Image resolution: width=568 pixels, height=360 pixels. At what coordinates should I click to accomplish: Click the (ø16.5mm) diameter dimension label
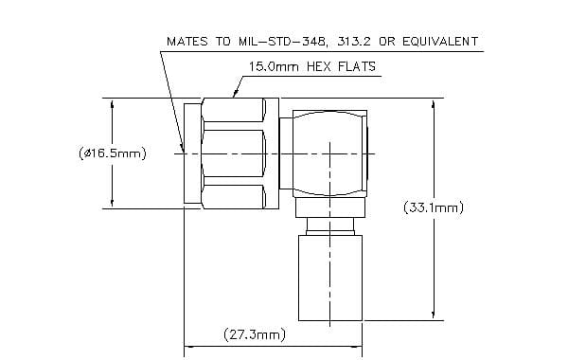click(x=113, y=153)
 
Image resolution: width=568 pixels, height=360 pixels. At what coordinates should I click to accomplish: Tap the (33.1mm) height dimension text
click(x=434, y=207)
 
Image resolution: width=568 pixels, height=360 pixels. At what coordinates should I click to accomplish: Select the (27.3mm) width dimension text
click(x=255, y=334)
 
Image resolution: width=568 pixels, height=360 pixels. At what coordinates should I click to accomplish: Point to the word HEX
click(x=318, y=66)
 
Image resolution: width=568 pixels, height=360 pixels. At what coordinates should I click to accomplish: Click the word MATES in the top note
click(x=186, y=41)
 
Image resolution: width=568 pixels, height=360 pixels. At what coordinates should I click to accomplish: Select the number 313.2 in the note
click(x=353, y=41)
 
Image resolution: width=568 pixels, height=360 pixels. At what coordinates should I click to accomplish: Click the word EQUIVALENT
click(x=440, y=41)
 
